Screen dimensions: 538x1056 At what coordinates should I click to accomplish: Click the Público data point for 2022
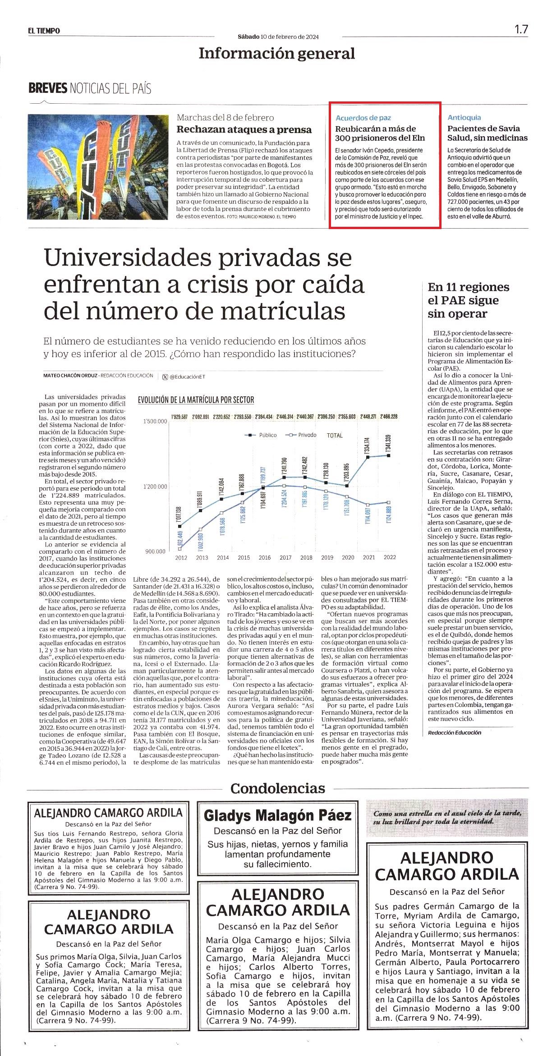pos(389,455)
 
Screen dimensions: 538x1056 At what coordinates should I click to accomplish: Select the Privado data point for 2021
pos(368,505)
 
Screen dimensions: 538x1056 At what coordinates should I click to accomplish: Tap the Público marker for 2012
pos(181,525)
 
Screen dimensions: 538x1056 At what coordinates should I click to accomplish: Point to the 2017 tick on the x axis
pos(285,557)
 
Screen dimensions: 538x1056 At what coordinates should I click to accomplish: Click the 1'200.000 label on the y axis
pos(155,487)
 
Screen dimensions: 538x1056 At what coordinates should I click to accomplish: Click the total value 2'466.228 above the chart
pos(389,417)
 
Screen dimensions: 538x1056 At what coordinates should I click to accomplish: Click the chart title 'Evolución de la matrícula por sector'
pos(196,400)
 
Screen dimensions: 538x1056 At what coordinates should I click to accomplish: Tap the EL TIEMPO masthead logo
pos(44,31)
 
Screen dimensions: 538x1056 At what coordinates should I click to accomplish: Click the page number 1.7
pos(521,30)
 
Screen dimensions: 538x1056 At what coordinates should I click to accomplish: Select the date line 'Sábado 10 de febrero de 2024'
pos(278,37)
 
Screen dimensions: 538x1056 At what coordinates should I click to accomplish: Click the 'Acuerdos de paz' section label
pos(363,118)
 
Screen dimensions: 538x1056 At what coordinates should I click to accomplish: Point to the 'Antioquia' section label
pos(464,117)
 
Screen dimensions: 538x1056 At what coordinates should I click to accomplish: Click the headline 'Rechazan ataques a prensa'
pos(244,129)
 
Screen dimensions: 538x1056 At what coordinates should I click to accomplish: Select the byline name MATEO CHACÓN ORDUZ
pos(70,376)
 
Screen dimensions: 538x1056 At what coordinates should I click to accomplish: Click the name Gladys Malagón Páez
pos(277,815)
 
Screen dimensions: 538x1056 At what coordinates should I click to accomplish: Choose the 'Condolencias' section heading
pos(278,788)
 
